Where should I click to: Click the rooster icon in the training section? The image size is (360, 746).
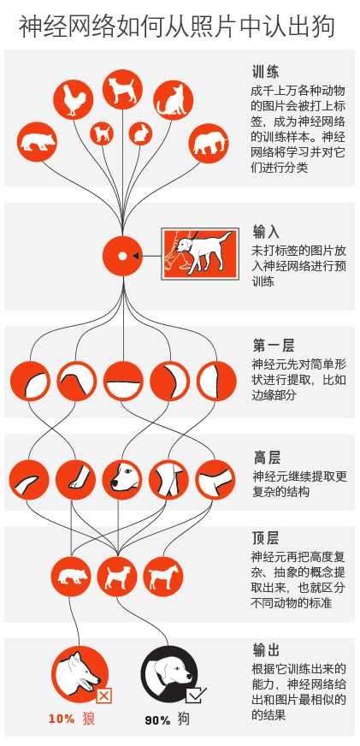[x=72, y=100]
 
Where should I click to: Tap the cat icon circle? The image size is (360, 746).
[x=173, y=100]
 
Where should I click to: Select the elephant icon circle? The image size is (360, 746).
[x=209, y=143]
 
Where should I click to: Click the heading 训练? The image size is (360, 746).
[x=265, y=72]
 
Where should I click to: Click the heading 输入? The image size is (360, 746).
[x=266, y=232]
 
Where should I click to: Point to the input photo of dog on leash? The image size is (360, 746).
[x=200, y=253]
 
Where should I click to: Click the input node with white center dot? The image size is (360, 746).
[x=122, y=256]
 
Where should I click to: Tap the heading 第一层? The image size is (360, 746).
[x=273, y=345]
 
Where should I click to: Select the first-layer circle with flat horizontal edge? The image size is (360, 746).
[x=123, y=381]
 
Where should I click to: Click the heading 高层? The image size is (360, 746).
[x=266, y=458]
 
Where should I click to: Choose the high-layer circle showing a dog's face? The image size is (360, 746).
[x=122, y=480]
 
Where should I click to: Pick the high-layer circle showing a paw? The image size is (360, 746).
[x=75, y=480]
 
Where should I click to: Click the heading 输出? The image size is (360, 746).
[x=266, y=649]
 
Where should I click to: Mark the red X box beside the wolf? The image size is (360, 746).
[x=103, y=696]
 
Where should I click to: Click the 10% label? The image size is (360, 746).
[x=62, y=719]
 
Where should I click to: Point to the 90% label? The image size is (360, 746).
[x=157, y=720]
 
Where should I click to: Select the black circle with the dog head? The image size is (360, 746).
[x=168, y=675]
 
